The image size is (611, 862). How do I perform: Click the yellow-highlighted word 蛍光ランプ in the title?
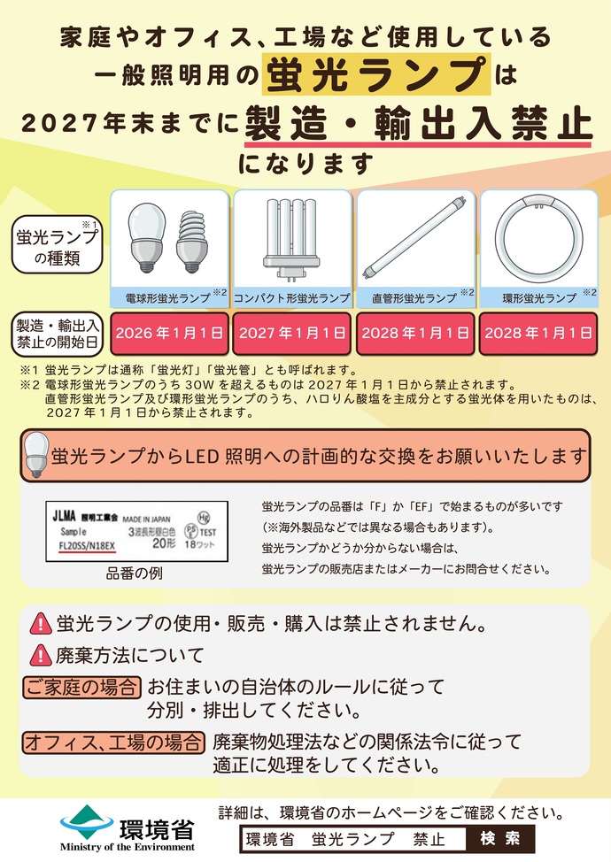click(376, 73)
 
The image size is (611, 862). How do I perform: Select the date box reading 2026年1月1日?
click(169, 333)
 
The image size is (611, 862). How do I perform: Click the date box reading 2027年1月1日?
click(292, 333)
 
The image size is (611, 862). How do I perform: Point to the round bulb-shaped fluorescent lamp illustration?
click(146, 237)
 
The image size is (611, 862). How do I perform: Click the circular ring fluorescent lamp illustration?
click(538, 238)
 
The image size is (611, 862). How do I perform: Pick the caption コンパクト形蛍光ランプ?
click(292, 298)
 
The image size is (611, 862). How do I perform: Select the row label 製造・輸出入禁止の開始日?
click(57, 333)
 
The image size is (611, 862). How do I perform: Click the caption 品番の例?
click(135, 573)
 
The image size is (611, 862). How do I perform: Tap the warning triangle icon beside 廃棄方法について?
click(41, 656)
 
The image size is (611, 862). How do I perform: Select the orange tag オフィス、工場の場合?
click(113, 741)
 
